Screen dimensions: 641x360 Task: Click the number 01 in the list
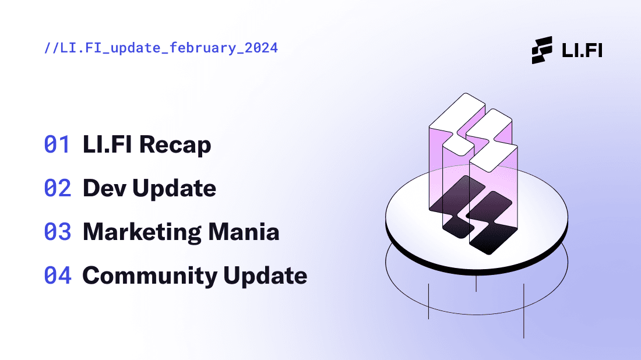click(57, 144)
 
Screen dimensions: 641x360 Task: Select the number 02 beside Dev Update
click(58, 188)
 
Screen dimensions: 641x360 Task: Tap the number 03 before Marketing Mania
click(58, 232)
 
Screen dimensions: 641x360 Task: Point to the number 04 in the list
click(58, 276)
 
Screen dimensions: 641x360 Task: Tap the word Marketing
click(142, 232)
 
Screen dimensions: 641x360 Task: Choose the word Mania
click(244, 232)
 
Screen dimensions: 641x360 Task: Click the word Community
click(150, 276)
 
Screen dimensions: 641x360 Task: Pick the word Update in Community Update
click(265, 276)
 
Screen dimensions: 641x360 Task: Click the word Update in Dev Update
click(174, 189)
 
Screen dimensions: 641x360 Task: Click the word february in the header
click(203, 48)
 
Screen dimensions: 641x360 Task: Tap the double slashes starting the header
click(51, 48)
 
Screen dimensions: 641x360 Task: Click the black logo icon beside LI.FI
click(542, 50)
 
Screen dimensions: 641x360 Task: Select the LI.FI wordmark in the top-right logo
click(582, 50)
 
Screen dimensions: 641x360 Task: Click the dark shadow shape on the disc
click(474, 214)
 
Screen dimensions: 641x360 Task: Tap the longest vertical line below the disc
click(524, 311)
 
